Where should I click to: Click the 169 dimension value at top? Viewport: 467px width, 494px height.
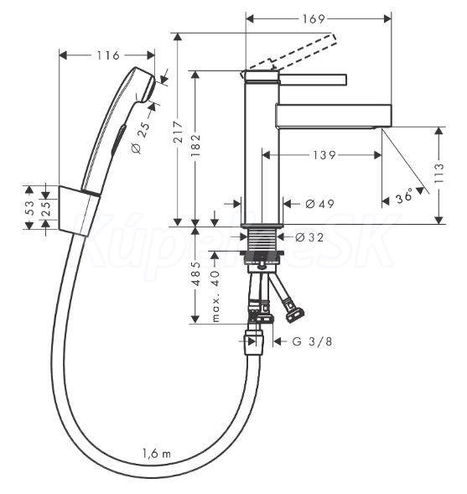tap(314, 19)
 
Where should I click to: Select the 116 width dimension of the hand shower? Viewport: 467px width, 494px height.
tap(108, 55)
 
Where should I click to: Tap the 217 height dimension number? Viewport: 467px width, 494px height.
tap(179, 132)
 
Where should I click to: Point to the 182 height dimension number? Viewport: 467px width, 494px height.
tap(196, 146)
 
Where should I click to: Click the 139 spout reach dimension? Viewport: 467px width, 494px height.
tap(324, 155)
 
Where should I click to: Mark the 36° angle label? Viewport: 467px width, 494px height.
tap(404, 195)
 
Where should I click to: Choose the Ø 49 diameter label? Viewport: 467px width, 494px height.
tap(319, 204)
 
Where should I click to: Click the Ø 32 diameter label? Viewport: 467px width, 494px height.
tap(309, 237)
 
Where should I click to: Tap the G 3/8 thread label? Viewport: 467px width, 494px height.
tap(312, 341)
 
